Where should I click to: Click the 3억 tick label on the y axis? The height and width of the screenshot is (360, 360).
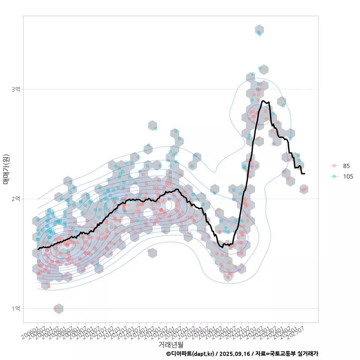point(16,89)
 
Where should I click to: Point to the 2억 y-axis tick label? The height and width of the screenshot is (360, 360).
point(16,199)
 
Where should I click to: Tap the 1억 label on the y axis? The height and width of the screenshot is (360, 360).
point(16,308)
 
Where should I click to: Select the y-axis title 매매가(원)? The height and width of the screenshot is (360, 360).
point(6,169)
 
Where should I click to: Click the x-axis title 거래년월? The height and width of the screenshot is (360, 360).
point(171,344)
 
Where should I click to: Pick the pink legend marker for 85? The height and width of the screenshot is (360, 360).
point(334,166)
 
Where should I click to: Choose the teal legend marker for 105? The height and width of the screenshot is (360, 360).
point(334,177)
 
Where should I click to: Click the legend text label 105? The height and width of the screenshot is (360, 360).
point(348,177)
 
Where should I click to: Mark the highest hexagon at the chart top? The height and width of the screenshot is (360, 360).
point(259,30)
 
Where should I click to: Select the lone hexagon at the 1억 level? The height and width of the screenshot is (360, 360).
point(58,309)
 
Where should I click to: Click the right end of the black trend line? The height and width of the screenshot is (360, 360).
point(304,174)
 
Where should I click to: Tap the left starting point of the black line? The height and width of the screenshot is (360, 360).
point(38,249)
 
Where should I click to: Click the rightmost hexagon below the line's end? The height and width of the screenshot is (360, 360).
point(304,189)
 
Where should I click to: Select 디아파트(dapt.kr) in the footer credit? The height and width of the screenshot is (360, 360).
point(192,354)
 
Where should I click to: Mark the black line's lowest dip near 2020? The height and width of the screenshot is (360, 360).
point(222,247)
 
